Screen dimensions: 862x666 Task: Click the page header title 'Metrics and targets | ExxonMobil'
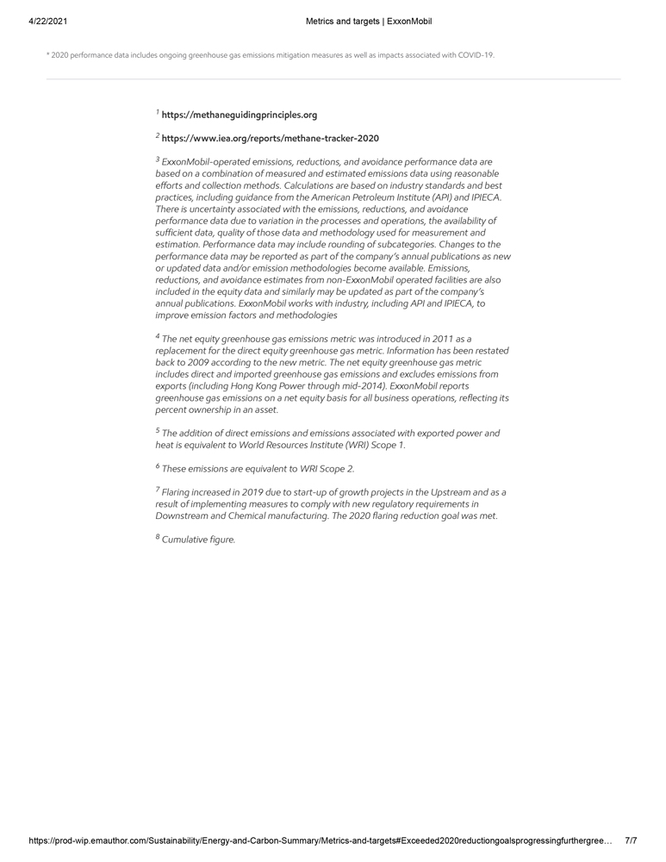coord(368,22)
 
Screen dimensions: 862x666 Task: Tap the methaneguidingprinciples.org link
coord(240,115)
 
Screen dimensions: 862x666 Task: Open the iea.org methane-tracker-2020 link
coord(270,138)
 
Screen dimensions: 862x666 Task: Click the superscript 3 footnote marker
coord(158,159)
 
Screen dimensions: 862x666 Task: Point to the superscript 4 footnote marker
coord(158,337)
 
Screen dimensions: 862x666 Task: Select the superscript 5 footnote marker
coord(158,431)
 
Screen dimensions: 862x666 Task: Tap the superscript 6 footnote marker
coord(158,466)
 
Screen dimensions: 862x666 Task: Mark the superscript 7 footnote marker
coord(158,490)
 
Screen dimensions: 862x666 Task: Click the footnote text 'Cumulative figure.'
coord(198,540)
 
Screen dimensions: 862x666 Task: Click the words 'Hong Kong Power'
coord(270,387)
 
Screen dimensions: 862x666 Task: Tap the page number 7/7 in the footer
coord(631,840)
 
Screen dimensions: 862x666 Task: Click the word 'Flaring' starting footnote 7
coord(177,492)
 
